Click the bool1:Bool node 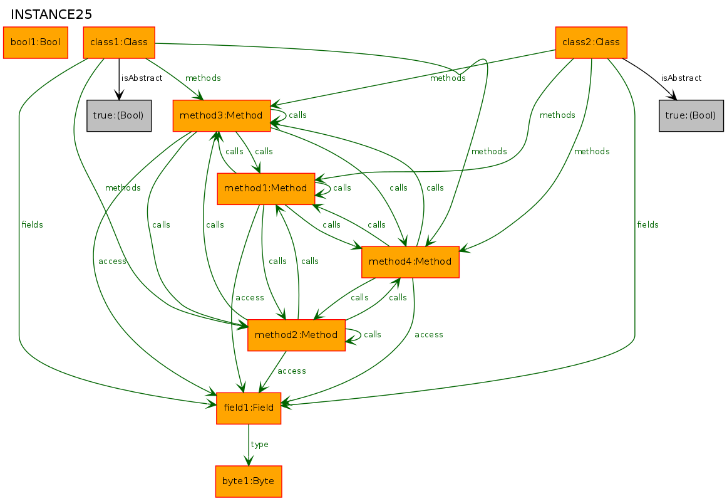(x=35, y=42)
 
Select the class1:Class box (x=119, y=42)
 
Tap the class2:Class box (x=591, y=42)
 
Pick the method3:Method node (x=222, y=115)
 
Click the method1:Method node (x=266, y=189)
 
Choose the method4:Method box (x=410, y=262)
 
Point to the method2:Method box (x=296, y=335)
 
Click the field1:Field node (x=249, y=408)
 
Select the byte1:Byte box (x=249, y=482)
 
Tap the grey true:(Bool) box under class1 (x=119, y=115)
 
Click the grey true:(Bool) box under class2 (x=691, y=115)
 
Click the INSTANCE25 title (x=51, y=14)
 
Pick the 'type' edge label (x=259, y=445)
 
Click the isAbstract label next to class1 (x=142, y=78)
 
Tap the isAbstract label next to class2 (x=681, y=78)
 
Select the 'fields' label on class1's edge (x=32, y=224)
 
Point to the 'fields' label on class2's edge (x=647, y=224)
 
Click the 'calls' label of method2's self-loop (x=373, y=335)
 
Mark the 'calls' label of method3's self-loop (x=297, y=115)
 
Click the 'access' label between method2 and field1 (x=292, y=371)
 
